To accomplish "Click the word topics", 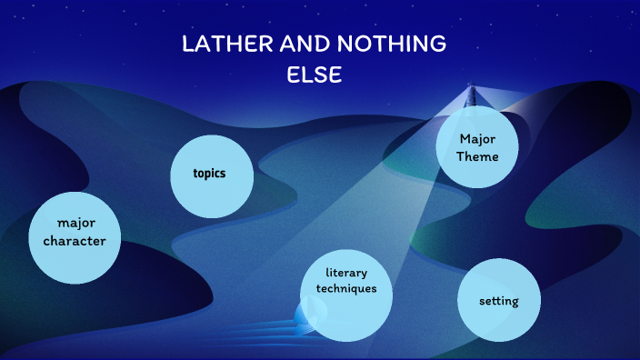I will (209, 174).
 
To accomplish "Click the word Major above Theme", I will (477, 139).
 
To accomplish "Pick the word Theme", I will (477, 156).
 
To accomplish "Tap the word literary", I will (346, 273).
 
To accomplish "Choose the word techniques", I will (346, 288).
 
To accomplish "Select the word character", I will (75, 242).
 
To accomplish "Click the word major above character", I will (75, 224).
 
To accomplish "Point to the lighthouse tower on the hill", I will (471, 96).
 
